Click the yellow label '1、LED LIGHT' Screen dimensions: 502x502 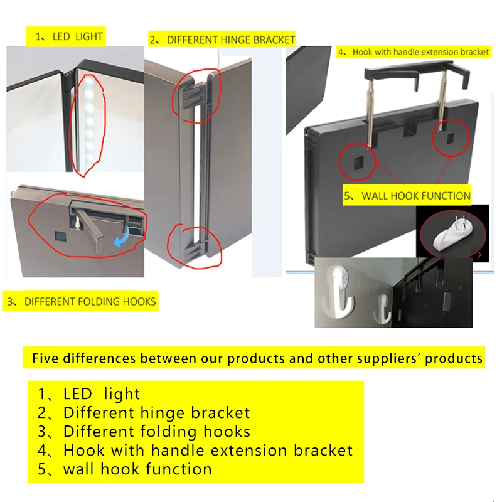65,36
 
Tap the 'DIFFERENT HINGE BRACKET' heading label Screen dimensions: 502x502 222,40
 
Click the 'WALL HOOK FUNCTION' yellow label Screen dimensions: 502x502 407,196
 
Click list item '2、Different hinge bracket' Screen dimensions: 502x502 144,413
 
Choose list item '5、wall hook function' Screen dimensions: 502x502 125,469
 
